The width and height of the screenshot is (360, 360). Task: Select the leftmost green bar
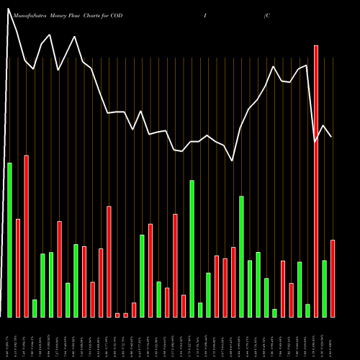click(x=10, y=240)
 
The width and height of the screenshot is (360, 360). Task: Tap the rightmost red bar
click(x=332, y=278)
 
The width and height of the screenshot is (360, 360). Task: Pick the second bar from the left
click(x=18, y=267)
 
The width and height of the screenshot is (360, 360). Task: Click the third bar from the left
click(x=27, y=235)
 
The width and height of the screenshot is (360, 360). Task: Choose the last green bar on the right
click(x=324, y=288)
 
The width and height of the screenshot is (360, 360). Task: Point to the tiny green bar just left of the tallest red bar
click(x=307, y=310)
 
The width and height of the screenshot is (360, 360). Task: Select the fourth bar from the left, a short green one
click(x=35, y=308)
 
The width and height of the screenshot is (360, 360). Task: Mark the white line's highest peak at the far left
click(x=10, y=10)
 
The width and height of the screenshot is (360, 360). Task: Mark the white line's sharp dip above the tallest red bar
click(x=315, y=142)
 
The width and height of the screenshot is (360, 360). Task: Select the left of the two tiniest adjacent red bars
click(x=117, y=315)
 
